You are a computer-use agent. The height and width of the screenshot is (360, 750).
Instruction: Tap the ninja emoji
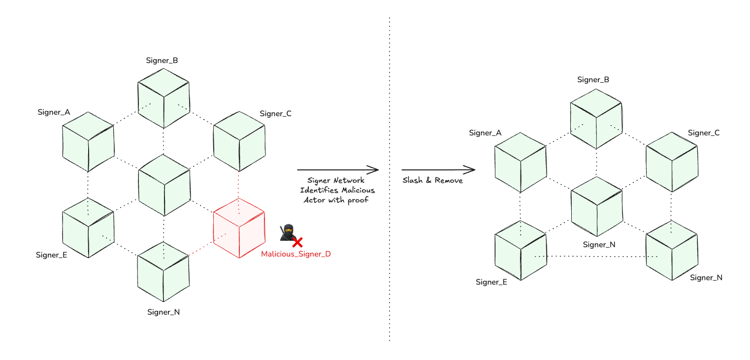tap(287, 232)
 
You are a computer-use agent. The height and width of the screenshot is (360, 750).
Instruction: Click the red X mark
tap(297, 242)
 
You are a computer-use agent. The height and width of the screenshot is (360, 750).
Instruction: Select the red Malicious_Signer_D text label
tap(295, 254)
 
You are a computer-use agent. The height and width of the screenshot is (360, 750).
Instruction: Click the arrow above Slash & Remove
tap(438, 170)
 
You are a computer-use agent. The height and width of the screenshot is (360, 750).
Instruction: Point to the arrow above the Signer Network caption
tap(338, 170)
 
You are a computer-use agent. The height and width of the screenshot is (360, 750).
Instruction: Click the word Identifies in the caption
tap(317, 190)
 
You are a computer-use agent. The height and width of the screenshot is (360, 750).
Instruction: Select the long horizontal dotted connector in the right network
tap(596, 256)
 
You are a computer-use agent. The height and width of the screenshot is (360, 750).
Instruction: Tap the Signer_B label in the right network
tap(593, 80)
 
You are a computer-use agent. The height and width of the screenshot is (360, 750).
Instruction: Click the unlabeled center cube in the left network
tap(164, 185)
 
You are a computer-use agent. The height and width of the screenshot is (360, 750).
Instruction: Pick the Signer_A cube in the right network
tap(521, 162)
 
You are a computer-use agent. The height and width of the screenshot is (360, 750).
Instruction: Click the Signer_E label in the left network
tap(51, 255)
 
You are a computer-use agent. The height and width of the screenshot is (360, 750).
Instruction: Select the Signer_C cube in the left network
tap(239, 142)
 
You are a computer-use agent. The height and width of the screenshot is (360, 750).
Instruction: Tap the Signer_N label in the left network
tap(163, 312)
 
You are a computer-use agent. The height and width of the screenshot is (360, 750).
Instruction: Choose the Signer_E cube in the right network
tap(521, 250)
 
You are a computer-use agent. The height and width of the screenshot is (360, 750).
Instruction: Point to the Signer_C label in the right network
tap(704, 133)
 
